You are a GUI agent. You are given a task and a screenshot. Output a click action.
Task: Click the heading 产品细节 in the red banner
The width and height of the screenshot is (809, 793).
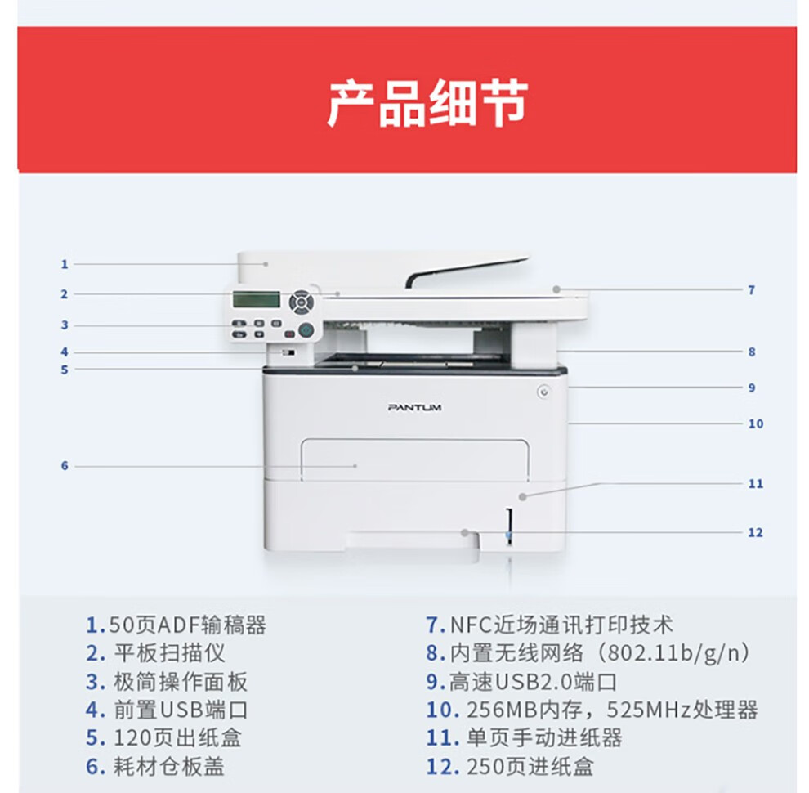[x=427, y=103]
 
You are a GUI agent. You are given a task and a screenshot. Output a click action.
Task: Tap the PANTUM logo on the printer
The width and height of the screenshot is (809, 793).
[x=414, y=408]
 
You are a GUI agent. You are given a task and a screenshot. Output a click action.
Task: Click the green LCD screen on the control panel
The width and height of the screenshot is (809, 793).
[x=256, y=299]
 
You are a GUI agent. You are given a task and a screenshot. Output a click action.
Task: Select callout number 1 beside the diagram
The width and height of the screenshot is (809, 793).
[x=65, y=264]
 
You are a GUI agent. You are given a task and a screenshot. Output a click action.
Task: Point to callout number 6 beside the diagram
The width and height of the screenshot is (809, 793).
[x=65, y=466]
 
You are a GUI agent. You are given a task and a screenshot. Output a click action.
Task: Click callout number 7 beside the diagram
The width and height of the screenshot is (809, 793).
[x=752, y=290]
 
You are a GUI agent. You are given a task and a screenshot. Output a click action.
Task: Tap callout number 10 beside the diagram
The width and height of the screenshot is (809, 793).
[x=756, y=423]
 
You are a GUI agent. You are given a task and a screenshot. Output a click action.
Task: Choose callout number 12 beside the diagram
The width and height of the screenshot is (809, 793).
[x=756, y=533]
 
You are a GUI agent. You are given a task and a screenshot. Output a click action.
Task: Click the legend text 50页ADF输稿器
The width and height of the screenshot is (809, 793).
[x=188, y=625]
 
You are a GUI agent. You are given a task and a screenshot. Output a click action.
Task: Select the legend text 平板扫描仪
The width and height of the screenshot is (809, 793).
[x=170, y=653]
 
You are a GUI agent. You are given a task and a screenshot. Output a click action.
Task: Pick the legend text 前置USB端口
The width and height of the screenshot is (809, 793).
[x=181, y=710]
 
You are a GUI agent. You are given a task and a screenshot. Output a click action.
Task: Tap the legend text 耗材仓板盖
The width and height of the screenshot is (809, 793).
[x=169, y=766]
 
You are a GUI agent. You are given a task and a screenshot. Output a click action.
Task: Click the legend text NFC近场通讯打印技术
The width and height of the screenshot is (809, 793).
[x=562, y=625]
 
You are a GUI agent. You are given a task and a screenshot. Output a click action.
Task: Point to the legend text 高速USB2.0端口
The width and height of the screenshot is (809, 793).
[x=533, y=682]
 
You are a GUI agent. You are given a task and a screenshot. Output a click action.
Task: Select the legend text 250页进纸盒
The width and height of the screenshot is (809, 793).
[x=530, y=766]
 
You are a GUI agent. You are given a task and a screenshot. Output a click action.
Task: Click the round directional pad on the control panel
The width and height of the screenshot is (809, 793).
[x=301, y=302]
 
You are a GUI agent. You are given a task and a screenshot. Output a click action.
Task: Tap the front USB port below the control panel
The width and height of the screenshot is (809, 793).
[x=288, y=353]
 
